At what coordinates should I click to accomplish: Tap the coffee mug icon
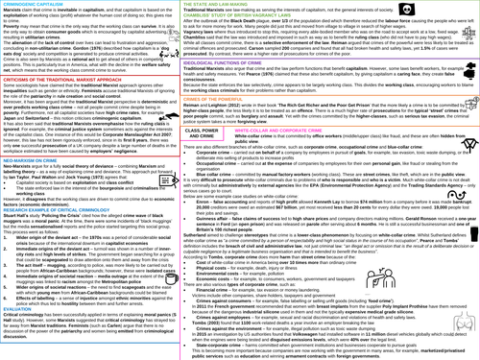(x=171, y=279)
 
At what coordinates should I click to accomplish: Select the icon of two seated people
(x=381, y=278)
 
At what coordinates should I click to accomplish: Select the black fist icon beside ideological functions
(x=469, y=71)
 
